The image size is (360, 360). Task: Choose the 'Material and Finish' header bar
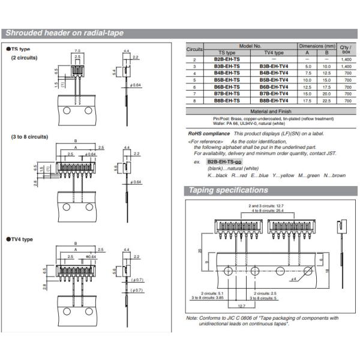coord(270,112)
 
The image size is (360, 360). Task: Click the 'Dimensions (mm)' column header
coord(317,46)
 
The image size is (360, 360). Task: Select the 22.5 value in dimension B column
coord(326,101)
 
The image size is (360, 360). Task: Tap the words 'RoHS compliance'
coord(208,133)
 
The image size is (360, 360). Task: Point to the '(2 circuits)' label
coord(24,58)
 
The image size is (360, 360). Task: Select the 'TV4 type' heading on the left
coord(20,239)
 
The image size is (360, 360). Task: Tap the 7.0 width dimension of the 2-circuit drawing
coord(77,51)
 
